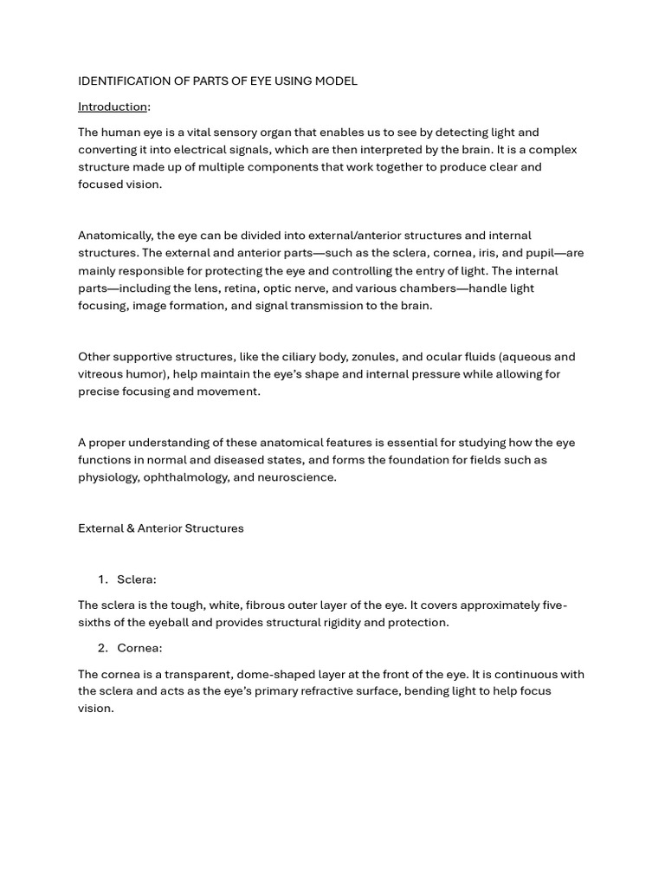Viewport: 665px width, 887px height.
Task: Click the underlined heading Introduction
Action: pyautogui.click(x=113, y=107)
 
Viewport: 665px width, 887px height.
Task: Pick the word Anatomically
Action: pyautogui.click(x=116, y=236)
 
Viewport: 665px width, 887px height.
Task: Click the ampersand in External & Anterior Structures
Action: pyautogui.click(x=131, y=528)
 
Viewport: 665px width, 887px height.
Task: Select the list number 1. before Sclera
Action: pyautogui.click(x=102, y=579)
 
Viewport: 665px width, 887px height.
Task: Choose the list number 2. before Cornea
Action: pyautogui.click(x=102, y=648)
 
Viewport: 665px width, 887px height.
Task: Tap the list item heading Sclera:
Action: pyautogui.click(x=137, y=579)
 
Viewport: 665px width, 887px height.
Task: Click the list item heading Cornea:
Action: pyautogui.click(x=139, y=648)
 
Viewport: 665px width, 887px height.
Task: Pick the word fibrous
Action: pyautogui.click(x=271, y=605)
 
